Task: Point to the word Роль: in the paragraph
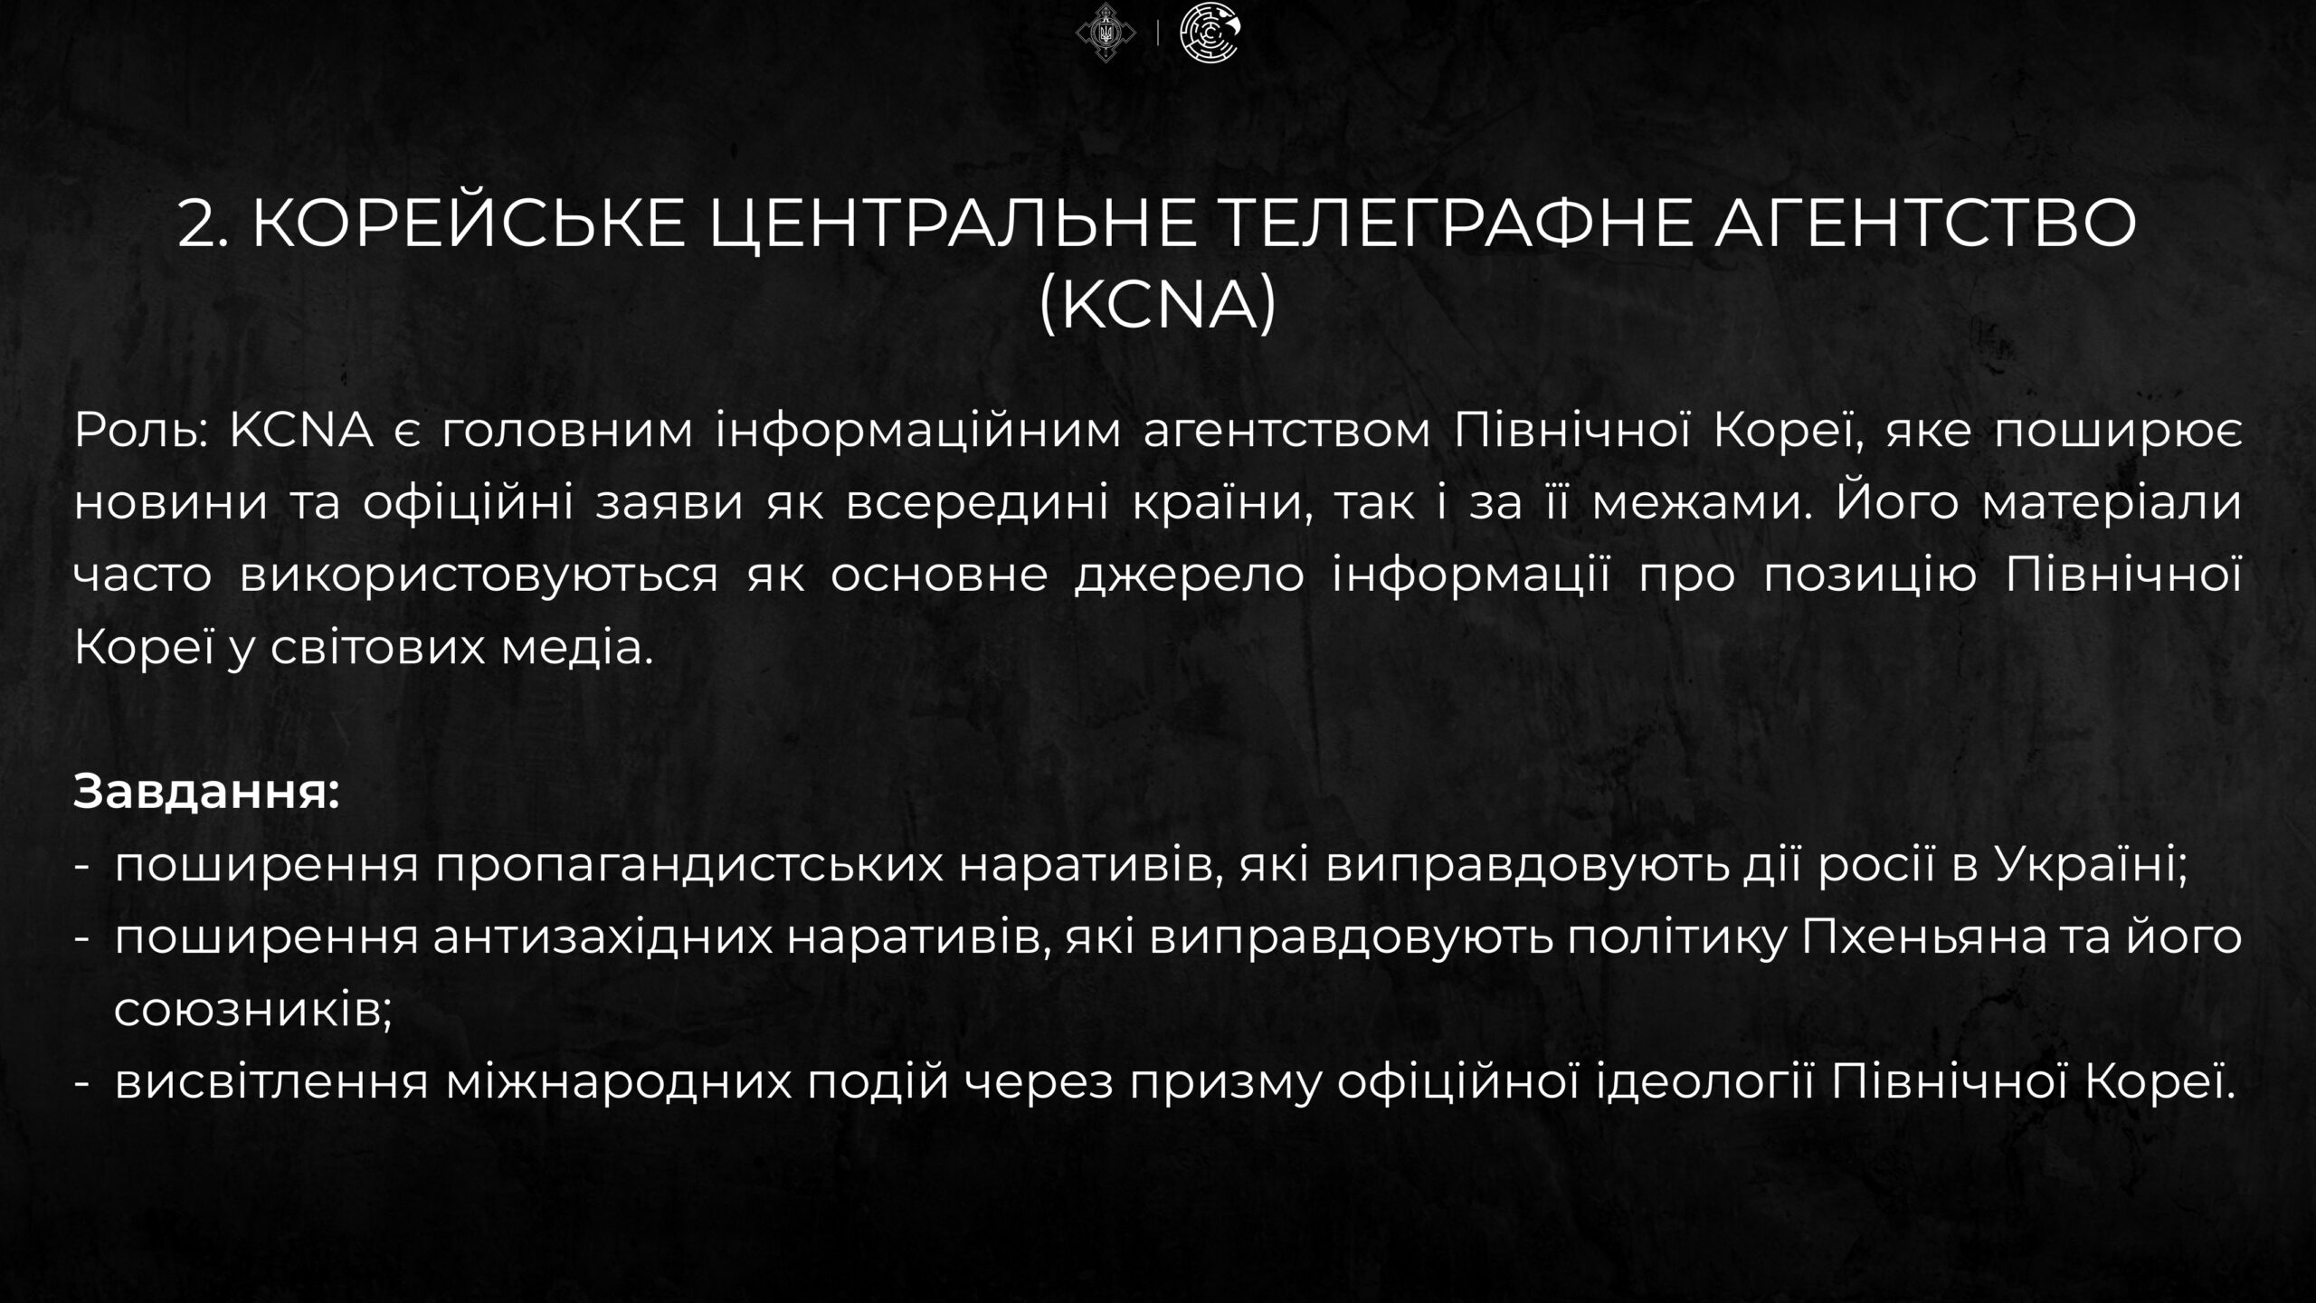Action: (141, 431)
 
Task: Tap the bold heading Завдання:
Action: (206, 792)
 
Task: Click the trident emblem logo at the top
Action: (1106, 33)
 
